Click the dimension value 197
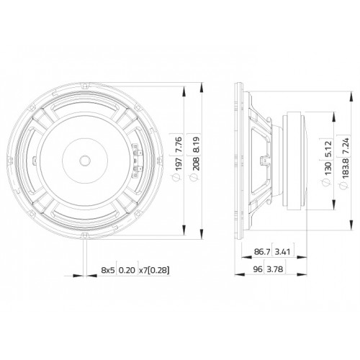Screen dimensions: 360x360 pos(179,164)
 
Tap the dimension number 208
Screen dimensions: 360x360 pos(196,163)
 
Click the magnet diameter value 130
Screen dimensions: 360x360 pos(328,168)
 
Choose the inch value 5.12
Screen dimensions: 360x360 pos(328,149)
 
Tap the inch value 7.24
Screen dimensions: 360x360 pos(345,147)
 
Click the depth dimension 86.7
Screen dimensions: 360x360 pos(262,252)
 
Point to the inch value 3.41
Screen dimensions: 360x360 pos(283,252)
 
